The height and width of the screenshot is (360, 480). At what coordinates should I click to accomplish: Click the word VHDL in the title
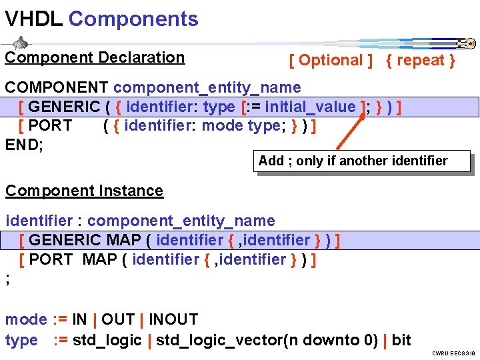click(33, 19)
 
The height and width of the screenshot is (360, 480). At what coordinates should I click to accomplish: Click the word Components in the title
click(133, 19)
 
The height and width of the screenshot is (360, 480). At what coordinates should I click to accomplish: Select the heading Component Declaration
click(95, 58)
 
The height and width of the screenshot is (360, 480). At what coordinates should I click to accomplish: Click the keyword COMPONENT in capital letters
click(57, 87)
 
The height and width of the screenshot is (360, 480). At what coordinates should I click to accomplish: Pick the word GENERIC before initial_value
click(64, 107)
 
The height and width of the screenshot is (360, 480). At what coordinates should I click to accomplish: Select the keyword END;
click(24, 145)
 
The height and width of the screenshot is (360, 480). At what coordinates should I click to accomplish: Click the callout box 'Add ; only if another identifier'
click(353, 161)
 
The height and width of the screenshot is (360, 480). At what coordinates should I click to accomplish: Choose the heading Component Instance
click(84, 191)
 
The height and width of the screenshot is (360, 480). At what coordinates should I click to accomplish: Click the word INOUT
click(173, 320)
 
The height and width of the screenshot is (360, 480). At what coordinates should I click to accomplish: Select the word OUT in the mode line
click(120, 320)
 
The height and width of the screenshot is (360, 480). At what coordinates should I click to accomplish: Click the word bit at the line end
click(401, 340)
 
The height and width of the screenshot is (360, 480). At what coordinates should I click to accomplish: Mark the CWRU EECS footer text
click(453, 353)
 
